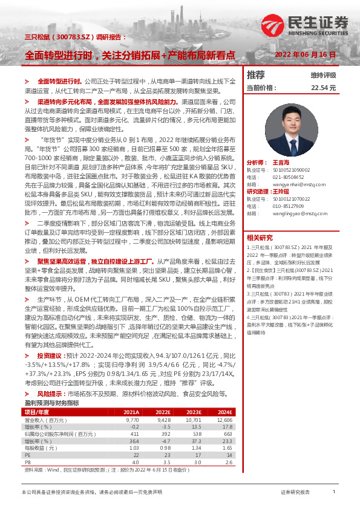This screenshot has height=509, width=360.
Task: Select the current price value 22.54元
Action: coord(322,88)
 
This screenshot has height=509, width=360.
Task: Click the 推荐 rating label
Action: coord(256,75)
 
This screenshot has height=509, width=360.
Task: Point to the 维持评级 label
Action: coord(323,76)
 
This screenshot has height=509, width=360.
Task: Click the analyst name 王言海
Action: coord(282,163)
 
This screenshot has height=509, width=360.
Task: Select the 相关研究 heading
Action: coord(260,237)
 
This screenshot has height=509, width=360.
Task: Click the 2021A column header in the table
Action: coord(132,412)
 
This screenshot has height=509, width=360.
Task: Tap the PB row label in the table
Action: coord(28,462)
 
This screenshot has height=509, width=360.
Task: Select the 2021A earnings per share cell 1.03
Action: coord(133,448)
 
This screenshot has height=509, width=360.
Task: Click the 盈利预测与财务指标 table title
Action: coord(51,403)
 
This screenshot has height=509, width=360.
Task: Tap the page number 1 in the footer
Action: coord(334,492)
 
